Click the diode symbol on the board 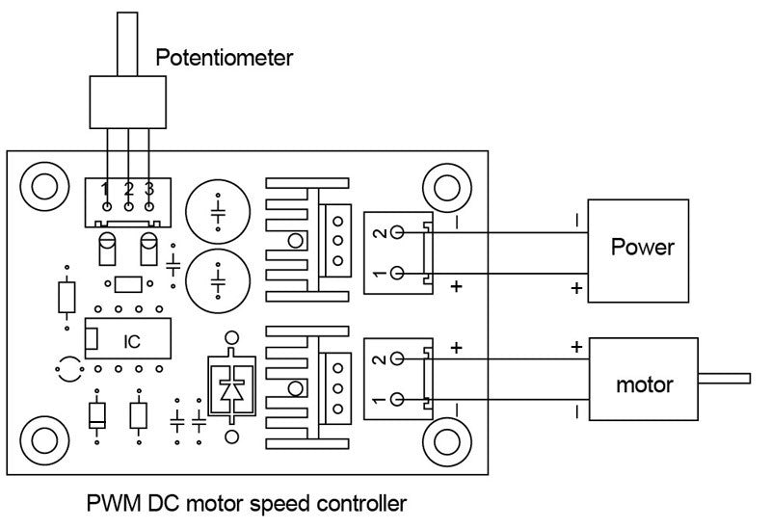point(231,390)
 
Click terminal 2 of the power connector point(396,233)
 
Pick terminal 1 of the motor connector point(396,399)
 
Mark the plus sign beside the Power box point(576,288)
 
